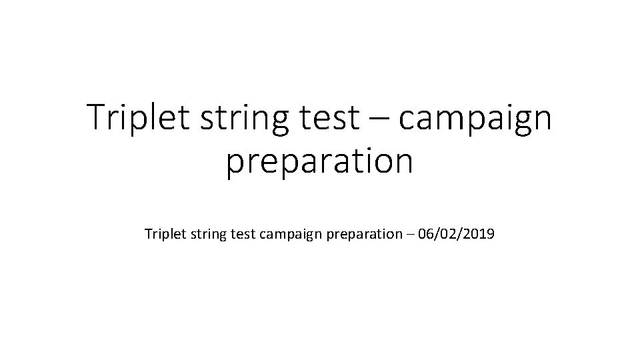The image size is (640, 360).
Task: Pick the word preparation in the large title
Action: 319,162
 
